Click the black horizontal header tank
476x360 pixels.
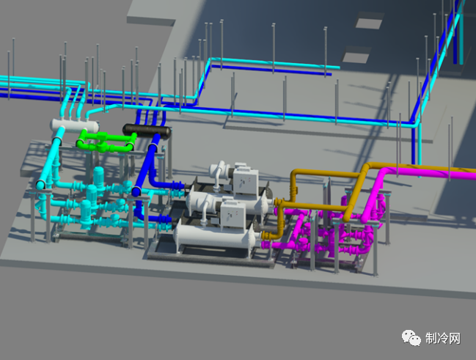(147, 131)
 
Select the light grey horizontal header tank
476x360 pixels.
(75, 125)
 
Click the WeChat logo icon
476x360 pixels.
(411, 337)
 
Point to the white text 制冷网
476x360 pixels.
(443, 338)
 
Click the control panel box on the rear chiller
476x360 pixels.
(246, 182)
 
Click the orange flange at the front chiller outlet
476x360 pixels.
(265, 235)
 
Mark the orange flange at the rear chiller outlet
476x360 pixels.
(277, 202)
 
